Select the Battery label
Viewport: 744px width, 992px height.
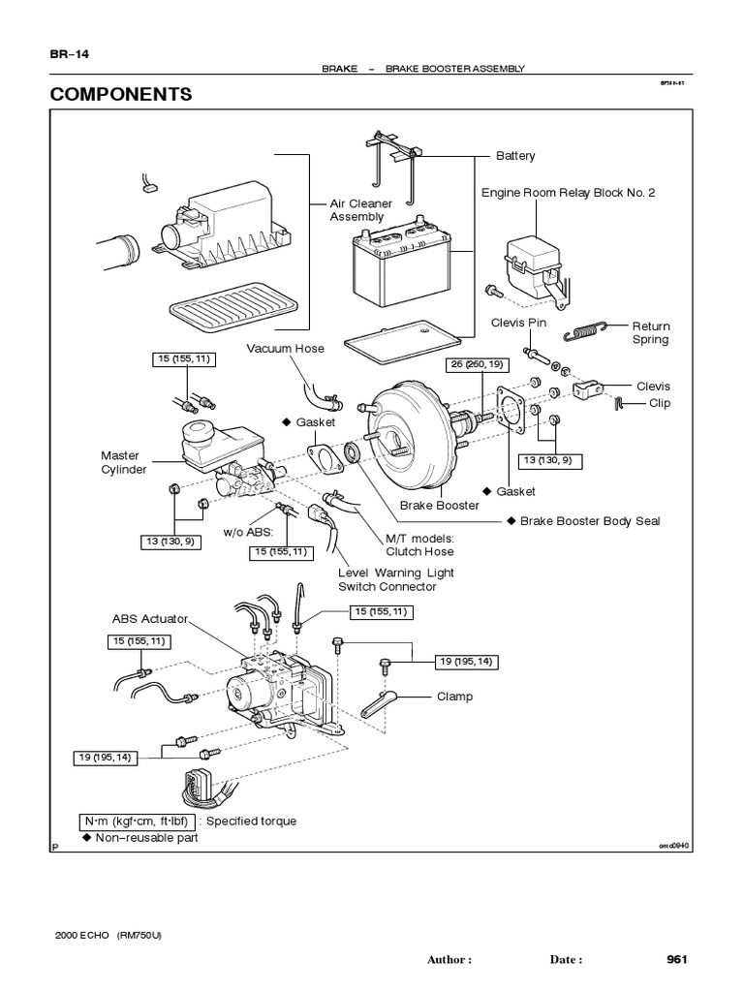(514, 155)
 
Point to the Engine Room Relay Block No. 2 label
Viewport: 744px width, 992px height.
(569, 193)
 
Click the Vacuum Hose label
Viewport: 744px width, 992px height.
(285, 348)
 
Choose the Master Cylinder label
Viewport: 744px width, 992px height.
(124, 462)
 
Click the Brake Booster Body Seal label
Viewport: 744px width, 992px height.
(590, 521)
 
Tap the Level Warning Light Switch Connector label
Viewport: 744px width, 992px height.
(395, 579)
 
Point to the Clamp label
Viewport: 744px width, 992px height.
(454, 697)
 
